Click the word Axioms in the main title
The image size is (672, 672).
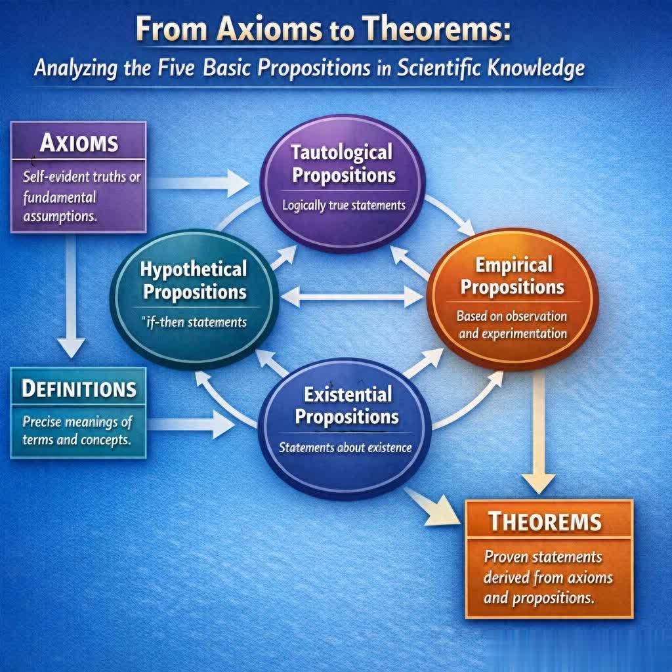269,29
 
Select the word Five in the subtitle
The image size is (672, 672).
177,68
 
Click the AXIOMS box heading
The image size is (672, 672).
79,142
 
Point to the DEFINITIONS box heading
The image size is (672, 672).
79,388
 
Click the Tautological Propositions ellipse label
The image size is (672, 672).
343,164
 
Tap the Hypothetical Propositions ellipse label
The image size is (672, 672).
194,280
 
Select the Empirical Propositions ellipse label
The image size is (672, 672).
513,276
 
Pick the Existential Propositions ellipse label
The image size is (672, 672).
346,406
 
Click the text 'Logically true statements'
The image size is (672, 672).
344,205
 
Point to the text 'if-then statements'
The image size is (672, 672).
196,322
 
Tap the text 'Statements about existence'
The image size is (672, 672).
345,448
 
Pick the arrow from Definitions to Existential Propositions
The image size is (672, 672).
191,424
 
